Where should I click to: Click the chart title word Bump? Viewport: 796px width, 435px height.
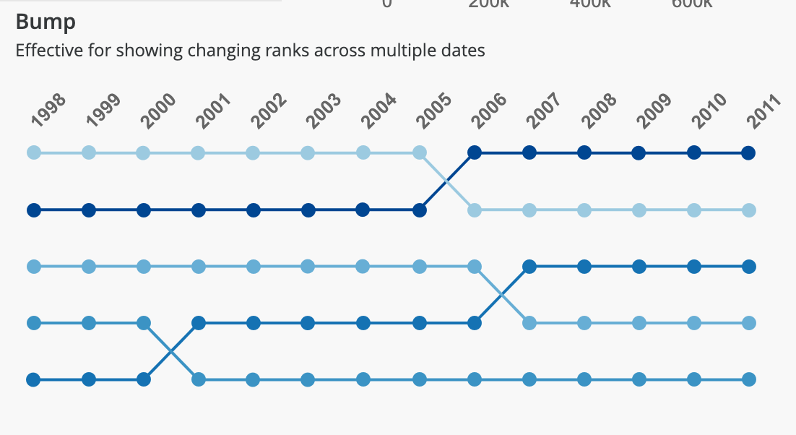click(x=46, y=22)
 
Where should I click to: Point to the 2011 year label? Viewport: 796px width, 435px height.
click(x=765, y=111)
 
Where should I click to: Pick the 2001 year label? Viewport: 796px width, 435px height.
click(x=215, y=111)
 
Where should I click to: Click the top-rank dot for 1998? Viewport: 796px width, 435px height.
click(x=33, y=152)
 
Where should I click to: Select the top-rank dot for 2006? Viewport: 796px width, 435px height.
click(x=475, y=152)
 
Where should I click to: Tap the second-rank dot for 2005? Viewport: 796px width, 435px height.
click(x=419, y=210)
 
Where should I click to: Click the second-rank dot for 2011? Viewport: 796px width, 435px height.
click(x=749, y=210)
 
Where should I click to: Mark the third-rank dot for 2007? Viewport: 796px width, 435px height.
click(x=529, y=267)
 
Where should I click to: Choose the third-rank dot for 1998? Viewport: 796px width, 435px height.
click(x=33, y=267)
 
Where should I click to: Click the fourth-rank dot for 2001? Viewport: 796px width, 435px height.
click(x=199, y=322)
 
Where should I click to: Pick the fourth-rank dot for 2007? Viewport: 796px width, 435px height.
click(x=529, y=322)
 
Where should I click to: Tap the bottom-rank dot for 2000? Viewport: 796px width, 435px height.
click(x=144, y=379)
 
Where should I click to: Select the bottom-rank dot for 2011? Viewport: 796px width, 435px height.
click(x=749, y=379)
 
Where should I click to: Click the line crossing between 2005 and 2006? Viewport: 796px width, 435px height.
click(x=447, y=181)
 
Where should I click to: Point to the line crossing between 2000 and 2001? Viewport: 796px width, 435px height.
click(x=171, y=350)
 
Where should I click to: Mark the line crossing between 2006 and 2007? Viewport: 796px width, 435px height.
click(x=502, y=294)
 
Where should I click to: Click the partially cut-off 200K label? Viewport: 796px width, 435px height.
click(x=489, y=4)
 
